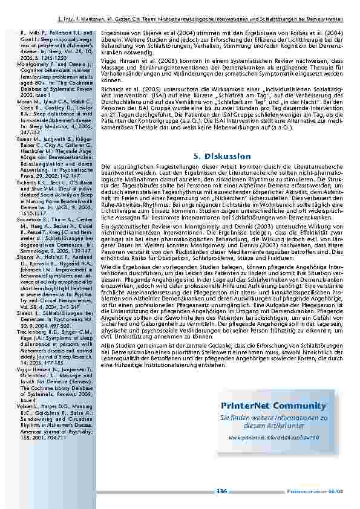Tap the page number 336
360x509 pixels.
221,491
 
